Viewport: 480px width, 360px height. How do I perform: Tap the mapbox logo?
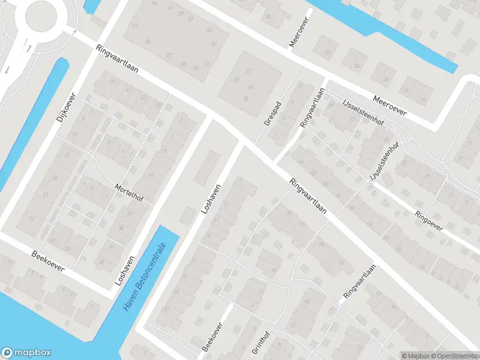pyautogui.click(x=26, y=353)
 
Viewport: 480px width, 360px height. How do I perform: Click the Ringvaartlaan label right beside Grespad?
pyautogui.click(x=311, y=107)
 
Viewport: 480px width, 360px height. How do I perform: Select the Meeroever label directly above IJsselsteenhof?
pyautogui.click(x=389, y=104)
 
